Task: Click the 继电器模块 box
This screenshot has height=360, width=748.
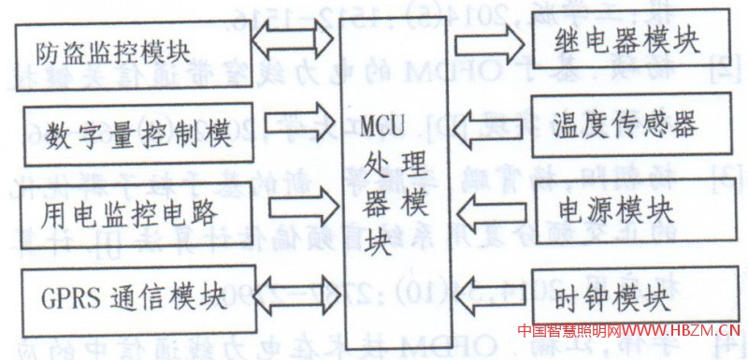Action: click(x=628, y=43)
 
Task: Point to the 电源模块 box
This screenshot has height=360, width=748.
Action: click(x=628, y=205)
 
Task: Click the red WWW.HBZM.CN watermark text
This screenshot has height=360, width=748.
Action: click(x=679, y=330)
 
